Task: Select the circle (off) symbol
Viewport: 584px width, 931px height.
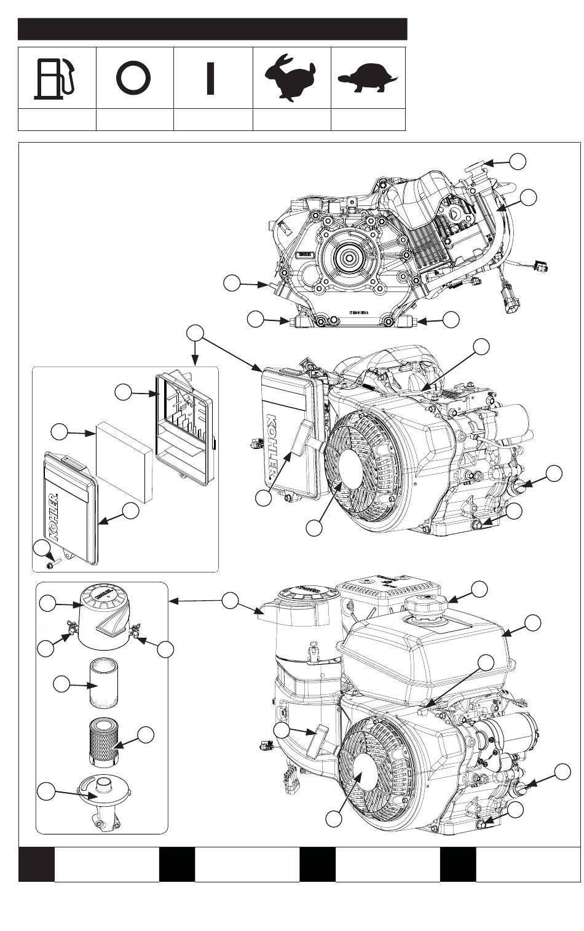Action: (x=133, y=78)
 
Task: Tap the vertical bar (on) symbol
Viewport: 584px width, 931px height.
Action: (x=211, y=79)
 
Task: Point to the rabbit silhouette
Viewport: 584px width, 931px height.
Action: (x=288, y=77)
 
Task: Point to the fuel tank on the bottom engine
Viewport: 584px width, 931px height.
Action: (x=430, y=652)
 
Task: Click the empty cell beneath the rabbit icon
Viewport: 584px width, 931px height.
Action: (x=291, y=120)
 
